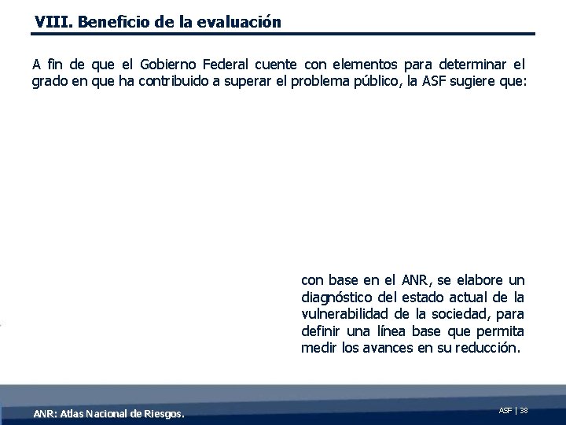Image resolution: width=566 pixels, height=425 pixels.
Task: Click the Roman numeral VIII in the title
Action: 49,22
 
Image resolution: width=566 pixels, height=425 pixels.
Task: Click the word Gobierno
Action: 170,64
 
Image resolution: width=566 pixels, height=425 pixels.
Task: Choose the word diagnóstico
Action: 339,297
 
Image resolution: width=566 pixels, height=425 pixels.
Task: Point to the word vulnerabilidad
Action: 343,314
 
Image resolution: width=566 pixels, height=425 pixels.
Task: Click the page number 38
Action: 524,410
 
